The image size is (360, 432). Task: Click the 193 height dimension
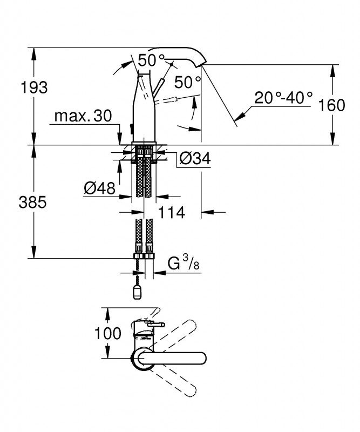tap(34, 87)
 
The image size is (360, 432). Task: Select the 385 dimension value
tap(32, 203)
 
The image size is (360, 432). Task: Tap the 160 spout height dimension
tap(331, 105)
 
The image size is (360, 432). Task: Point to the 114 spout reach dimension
tap(171, 213)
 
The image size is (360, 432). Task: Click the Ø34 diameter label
tap(195, 158)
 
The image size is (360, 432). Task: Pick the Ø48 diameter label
tap(100, 188)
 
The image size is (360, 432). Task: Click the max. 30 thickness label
tap(83, 116)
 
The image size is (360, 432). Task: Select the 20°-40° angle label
tap(283, 98)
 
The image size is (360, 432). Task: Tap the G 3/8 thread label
tap(184, 263)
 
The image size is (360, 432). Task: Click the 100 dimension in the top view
tap(108, 333)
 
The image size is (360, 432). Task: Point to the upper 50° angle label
tap(151, 60)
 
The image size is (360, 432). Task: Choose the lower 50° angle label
tap(188, 82)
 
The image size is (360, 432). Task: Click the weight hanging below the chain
tap(138, 293)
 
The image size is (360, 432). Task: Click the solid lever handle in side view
tap(158, 89)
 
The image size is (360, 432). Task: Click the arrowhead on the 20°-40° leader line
tap(239, 116)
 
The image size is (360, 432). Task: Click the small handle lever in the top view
tap(156, 326)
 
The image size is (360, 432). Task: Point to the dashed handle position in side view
tap(166, 100)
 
